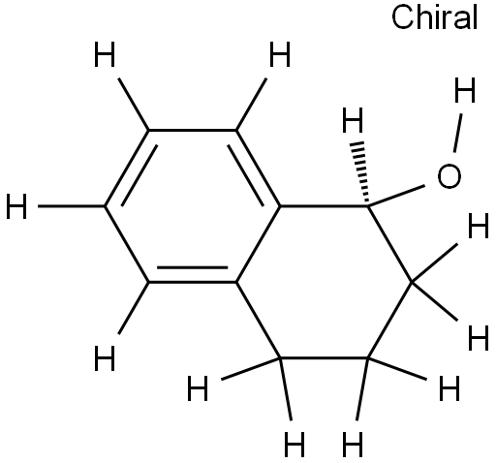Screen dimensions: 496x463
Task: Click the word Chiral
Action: (434, 17)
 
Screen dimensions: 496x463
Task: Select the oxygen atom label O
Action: (449, 176)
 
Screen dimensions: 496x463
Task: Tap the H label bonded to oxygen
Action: (465, 90)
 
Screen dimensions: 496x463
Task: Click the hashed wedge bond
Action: (361, 173)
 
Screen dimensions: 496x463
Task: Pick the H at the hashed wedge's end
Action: (353, 120)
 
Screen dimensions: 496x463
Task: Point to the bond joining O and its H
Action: (458, 133)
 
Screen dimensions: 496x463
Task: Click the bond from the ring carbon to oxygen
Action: (396, 196)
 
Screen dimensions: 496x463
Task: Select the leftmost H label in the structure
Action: (16, 206)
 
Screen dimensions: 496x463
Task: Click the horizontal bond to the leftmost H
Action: (72, 206)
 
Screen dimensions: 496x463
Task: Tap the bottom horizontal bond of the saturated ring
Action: (324, 357)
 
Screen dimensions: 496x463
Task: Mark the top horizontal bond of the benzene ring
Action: (192, 130)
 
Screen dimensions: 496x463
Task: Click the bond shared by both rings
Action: (258, 244)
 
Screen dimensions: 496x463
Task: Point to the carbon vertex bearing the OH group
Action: (367, 205)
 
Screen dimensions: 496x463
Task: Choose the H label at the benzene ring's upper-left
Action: (105, 55)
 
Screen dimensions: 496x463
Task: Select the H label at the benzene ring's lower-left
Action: (105, 358)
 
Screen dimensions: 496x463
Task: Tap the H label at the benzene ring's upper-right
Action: (280, 55)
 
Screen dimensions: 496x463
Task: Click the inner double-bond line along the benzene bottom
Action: (192, 267)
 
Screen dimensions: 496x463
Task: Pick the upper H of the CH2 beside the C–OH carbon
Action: (479, 226)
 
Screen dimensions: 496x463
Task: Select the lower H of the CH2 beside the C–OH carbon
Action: (479, 338)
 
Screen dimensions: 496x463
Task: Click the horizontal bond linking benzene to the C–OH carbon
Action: (324, 206)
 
